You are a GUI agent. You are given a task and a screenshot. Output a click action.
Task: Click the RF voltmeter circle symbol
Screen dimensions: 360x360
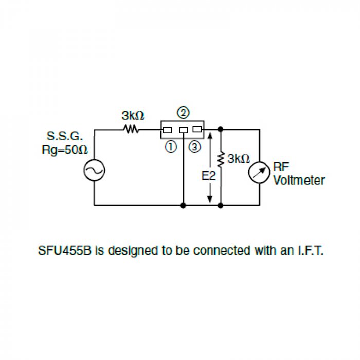[x=259, y=173]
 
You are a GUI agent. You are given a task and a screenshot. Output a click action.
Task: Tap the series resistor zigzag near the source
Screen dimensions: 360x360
[x=131, y=129]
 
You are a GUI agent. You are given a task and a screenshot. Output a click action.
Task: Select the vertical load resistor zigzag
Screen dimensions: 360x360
[x=221, y=159]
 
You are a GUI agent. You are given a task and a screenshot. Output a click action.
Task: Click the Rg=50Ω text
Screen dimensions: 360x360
[x=65, y=150]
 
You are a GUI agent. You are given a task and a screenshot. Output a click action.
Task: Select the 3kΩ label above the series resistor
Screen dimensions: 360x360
[x=133, y=115]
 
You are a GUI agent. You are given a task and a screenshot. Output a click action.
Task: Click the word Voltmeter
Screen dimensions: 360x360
[x=299, y=181]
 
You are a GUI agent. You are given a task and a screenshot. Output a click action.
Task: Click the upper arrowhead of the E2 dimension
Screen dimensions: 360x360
[x=210, y=135]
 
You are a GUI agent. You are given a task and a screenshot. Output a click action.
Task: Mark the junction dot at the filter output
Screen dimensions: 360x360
[x=221, y=129]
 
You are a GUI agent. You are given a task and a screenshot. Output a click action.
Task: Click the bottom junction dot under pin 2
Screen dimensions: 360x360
[x=183, y=205]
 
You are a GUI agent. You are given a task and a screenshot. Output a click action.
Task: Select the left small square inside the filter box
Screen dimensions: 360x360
[x=167, y=129]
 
